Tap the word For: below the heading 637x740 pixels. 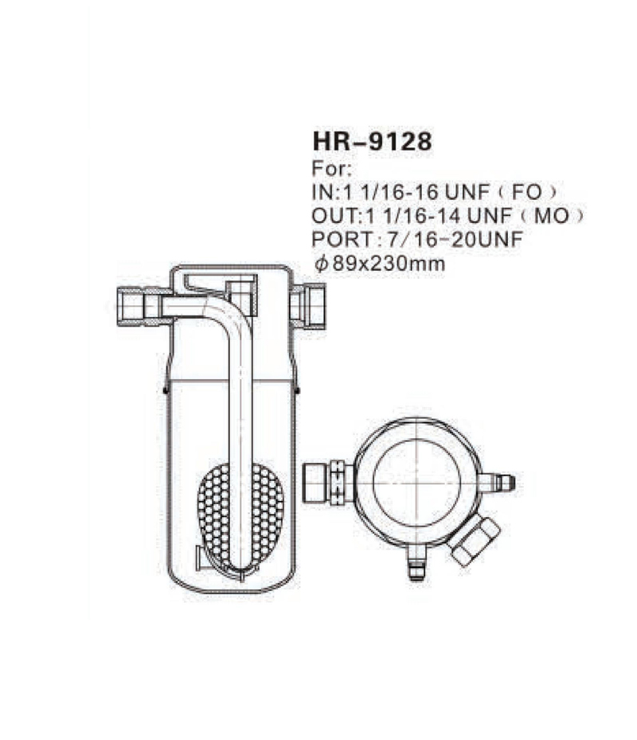[329, 170]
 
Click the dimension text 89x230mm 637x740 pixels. [389, 264]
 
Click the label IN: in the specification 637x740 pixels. [324, 193]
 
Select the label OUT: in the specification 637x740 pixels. [335, 217]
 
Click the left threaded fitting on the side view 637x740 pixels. [135, 304]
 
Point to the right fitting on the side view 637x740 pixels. [310, 305]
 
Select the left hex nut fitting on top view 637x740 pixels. [326, 482]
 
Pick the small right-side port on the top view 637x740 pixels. [498, 483]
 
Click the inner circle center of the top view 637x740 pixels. [416, 482]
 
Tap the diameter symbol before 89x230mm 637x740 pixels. [320, 264]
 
